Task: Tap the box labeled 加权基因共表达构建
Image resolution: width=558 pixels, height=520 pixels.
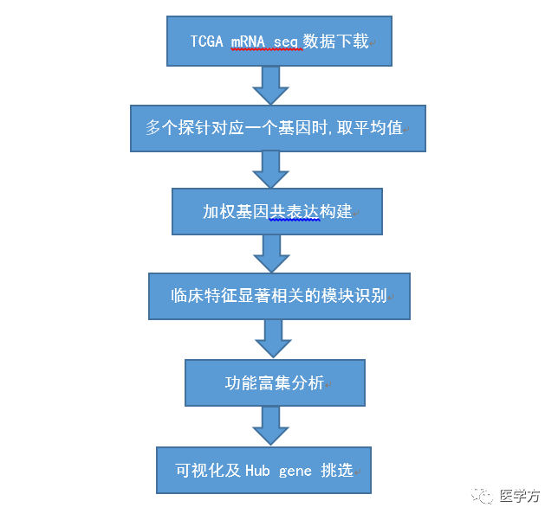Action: [276, 211]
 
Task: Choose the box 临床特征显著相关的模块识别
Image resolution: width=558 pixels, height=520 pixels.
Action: [279, 296]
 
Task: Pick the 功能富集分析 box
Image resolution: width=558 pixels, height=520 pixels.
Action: [274, 382]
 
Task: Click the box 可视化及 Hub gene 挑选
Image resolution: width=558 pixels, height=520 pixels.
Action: [263, 470]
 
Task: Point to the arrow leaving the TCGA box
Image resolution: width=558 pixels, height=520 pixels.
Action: [270, 85]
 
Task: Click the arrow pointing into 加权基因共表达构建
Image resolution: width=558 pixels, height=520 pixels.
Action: [270, 170]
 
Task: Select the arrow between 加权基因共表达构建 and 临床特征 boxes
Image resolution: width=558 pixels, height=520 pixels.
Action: [270, 254]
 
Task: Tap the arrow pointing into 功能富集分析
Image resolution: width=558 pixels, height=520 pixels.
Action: [274, 338]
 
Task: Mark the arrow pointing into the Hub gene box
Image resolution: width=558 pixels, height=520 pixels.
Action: [269, 426]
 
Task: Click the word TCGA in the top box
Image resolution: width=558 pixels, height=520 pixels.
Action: [206, 42]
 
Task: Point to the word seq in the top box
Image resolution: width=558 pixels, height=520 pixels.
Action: [289, 42]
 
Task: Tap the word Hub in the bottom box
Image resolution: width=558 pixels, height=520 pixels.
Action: [257, 471]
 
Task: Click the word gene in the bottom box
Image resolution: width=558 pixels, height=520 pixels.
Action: [295, 471]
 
